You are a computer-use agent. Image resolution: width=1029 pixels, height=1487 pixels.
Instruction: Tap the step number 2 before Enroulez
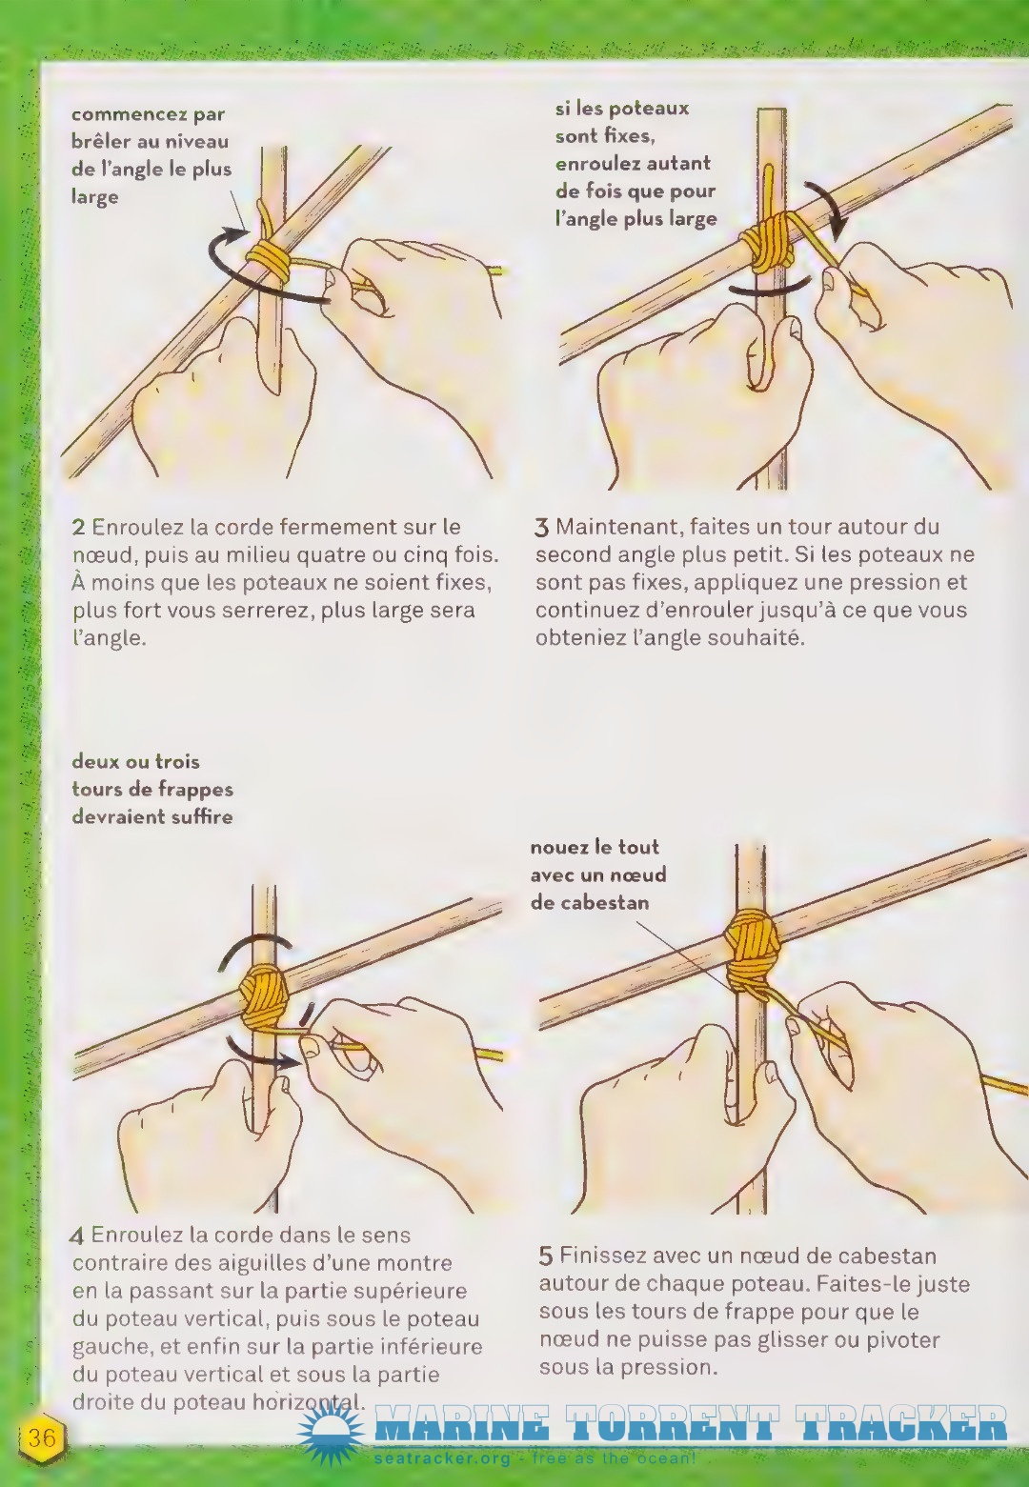[x=78, y=528]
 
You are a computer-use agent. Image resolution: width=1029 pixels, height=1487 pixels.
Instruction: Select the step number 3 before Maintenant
[x=542, y=529]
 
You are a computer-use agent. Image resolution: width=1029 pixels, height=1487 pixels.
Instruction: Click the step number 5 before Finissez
[x=546, y=1256]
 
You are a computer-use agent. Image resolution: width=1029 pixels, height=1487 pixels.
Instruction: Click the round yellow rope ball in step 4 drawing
[x=265, y=995]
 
